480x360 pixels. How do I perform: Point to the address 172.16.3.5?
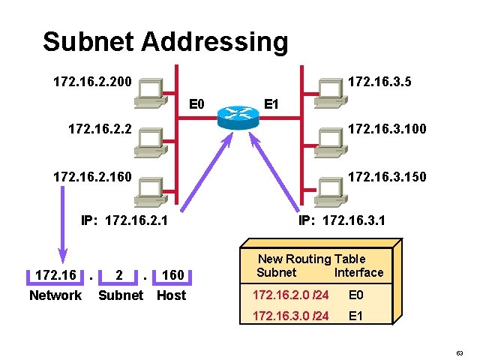pos(388,79)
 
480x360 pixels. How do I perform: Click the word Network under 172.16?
pos(55,295)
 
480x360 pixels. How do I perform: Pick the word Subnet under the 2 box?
pos(121,295)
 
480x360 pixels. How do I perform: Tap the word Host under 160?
pos(172,295)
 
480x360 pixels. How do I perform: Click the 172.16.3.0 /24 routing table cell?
pos(291,316)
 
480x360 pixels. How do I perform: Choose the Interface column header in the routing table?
pos(358,272)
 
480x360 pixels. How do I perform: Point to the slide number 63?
pos(460,351)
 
